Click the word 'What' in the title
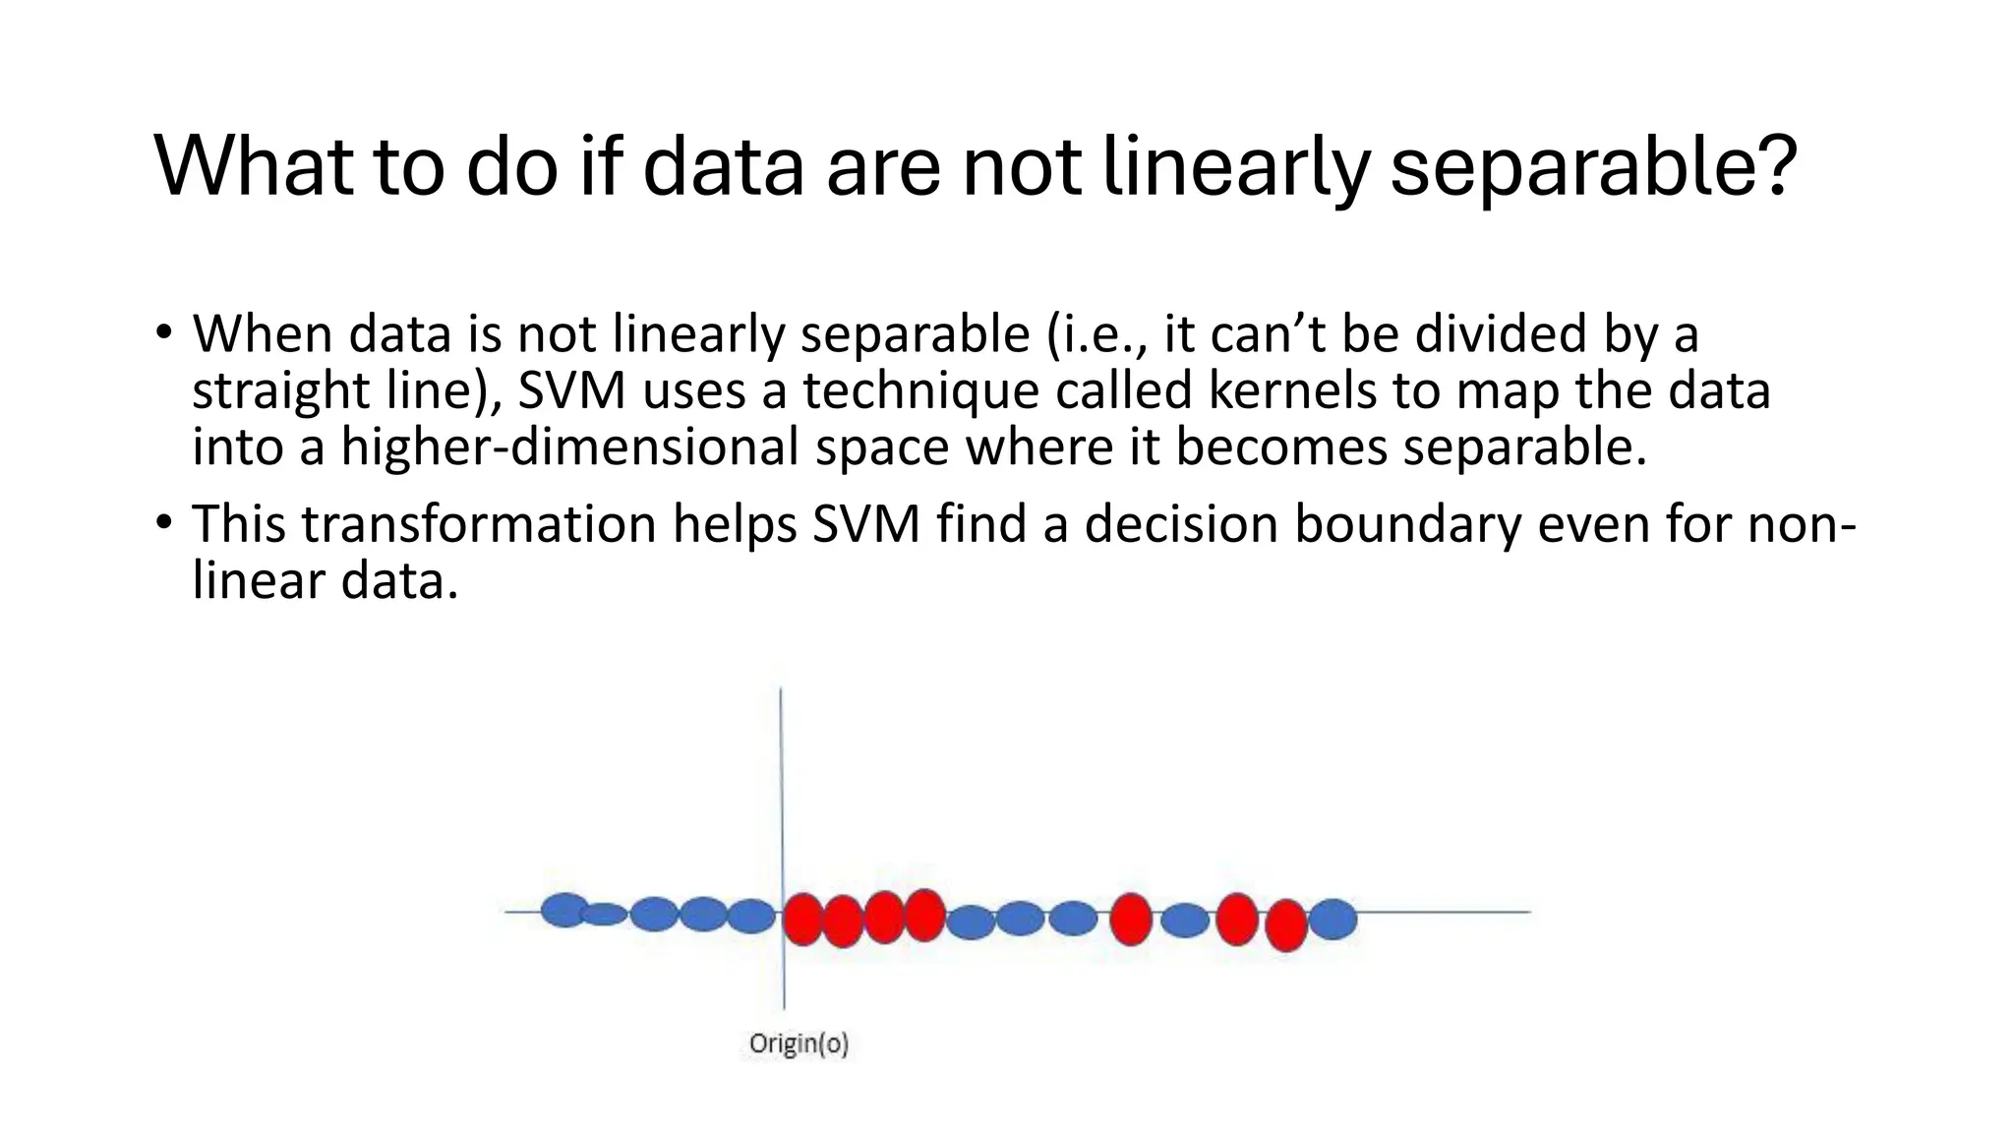point(252,165)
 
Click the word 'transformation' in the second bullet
point(478,524)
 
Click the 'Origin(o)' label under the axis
point(798,1044)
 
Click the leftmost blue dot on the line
point(564,910)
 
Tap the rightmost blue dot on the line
point(1333,919)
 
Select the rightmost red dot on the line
point(1285,924)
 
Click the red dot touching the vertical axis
point(802,919)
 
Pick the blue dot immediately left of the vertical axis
point(752,916)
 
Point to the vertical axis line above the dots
point(781,777)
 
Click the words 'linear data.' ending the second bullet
point(325,581)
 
